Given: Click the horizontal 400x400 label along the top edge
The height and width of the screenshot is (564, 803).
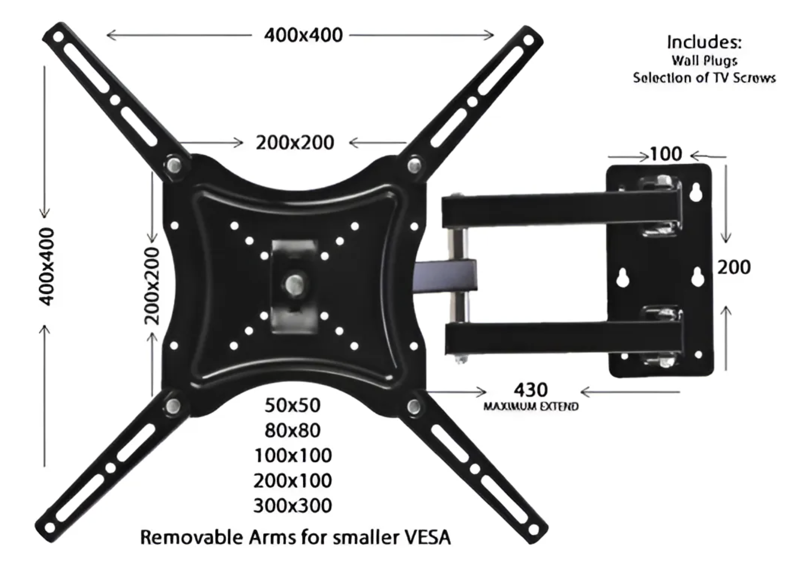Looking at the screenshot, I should [303, 35].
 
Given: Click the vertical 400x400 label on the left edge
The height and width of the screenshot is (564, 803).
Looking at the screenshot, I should [47, 266].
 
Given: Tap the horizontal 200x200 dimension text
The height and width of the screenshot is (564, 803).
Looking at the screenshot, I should [295, 143].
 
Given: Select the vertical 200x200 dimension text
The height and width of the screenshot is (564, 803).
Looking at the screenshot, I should [152, 285].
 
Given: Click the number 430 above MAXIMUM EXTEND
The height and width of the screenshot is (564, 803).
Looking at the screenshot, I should [530, 390].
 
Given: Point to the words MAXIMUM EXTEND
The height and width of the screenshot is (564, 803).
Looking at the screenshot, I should [530, 406].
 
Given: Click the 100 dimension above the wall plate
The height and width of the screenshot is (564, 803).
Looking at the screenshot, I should [666, 154].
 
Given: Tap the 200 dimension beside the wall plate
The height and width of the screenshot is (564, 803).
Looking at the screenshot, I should [734, 267].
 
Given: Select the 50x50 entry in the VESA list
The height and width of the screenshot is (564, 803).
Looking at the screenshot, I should [292, 405].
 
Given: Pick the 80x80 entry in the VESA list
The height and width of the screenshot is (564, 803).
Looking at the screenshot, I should [292, 430].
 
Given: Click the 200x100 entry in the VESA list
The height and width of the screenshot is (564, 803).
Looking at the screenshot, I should [292, 480].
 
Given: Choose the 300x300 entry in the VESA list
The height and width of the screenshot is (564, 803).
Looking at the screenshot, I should [292, 506].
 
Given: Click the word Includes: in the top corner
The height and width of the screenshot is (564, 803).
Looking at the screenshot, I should [704, 42].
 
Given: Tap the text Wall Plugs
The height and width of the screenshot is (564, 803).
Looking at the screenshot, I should [704, 60].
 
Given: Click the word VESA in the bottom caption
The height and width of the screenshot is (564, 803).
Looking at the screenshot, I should [427, 537].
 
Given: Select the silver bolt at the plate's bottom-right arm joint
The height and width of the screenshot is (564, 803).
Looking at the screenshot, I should [414, 406].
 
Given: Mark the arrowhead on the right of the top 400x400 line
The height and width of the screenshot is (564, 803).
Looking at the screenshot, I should [490, 35].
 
